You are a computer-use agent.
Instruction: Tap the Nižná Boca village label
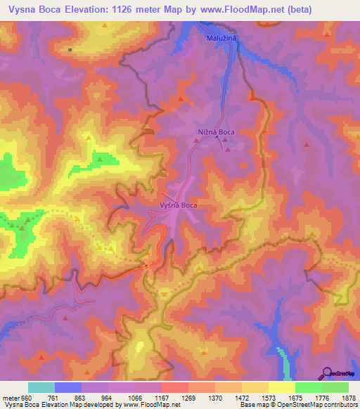(x=215, y=132)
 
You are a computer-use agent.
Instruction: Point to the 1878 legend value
(x=349, y=397)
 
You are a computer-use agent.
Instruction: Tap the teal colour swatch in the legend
(x=41, y=387)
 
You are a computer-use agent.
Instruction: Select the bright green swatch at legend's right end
(x=335, y=387)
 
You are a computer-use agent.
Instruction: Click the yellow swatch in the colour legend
(x=281, y=387)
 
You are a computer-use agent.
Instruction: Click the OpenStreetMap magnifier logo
(x=328, y=372)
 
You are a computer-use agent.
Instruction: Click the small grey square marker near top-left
(x=70, y=50)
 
